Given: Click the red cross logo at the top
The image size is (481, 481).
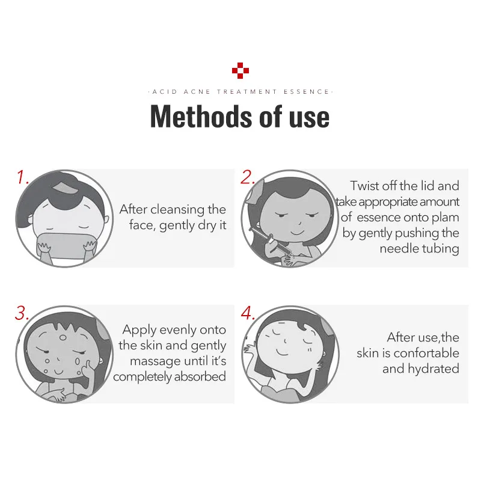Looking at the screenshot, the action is [240, 70].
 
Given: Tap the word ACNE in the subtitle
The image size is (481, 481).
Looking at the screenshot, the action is [197, 92].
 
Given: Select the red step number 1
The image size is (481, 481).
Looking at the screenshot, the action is [22, 177].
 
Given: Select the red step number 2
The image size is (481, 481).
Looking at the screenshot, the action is [248, 177].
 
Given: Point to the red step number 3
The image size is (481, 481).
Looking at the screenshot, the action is [22, 313].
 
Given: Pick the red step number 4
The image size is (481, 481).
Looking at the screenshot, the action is [248, 313].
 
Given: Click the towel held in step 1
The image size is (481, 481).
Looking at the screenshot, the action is [66, 245].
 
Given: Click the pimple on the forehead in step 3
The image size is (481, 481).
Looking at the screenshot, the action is [63, 338].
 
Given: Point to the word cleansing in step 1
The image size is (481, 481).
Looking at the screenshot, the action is [177, 210].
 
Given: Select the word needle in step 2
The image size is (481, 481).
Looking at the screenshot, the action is [398, 248].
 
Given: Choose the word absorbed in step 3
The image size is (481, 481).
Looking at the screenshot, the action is [200, 376].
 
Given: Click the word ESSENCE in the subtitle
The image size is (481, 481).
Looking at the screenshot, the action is [306, 92].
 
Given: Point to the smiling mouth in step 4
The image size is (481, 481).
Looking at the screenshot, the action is [282, 352].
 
